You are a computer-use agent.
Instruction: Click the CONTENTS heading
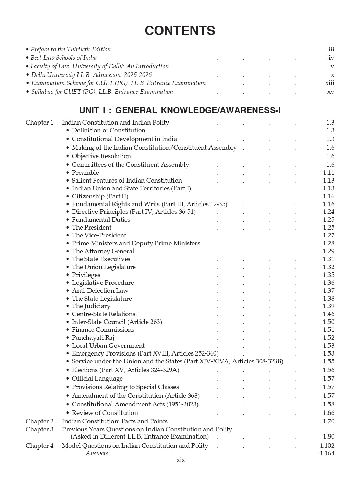click(180, 31)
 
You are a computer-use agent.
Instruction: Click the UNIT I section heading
click(180, 110)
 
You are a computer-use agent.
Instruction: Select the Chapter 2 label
click(39, 421)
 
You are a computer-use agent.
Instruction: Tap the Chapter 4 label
click(39, 446)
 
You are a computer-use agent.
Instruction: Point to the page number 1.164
click(327, 454)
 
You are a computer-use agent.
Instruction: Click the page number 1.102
click(327, 446)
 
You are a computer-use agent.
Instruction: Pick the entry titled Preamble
click(85, 173)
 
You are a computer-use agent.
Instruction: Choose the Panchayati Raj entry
click(93, 338)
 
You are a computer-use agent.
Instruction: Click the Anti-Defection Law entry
click(100, 291)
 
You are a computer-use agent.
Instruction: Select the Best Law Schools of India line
click(63, 58)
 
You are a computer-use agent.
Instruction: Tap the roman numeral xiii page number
click(329, 83)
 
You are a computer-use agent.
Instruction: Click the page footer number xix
click(180, 460)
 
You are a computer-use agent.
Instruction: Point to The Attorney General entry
click(103, 251)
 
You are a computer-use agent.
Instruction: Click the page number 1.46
click(328, 314)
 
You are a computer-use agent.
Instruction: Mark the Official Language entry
click(97, 379)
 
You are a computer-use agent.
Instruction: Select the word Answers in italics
click(97, 453)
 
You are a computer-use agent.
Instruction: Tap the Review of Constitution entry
click(105, 413)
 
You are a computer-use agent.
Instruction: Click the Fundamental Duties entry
click(101, 220)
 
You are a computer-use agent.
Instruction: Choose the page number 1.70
click(328, 421)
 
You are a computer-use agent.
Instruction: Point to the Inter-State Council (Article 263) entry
click(117, 322)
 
